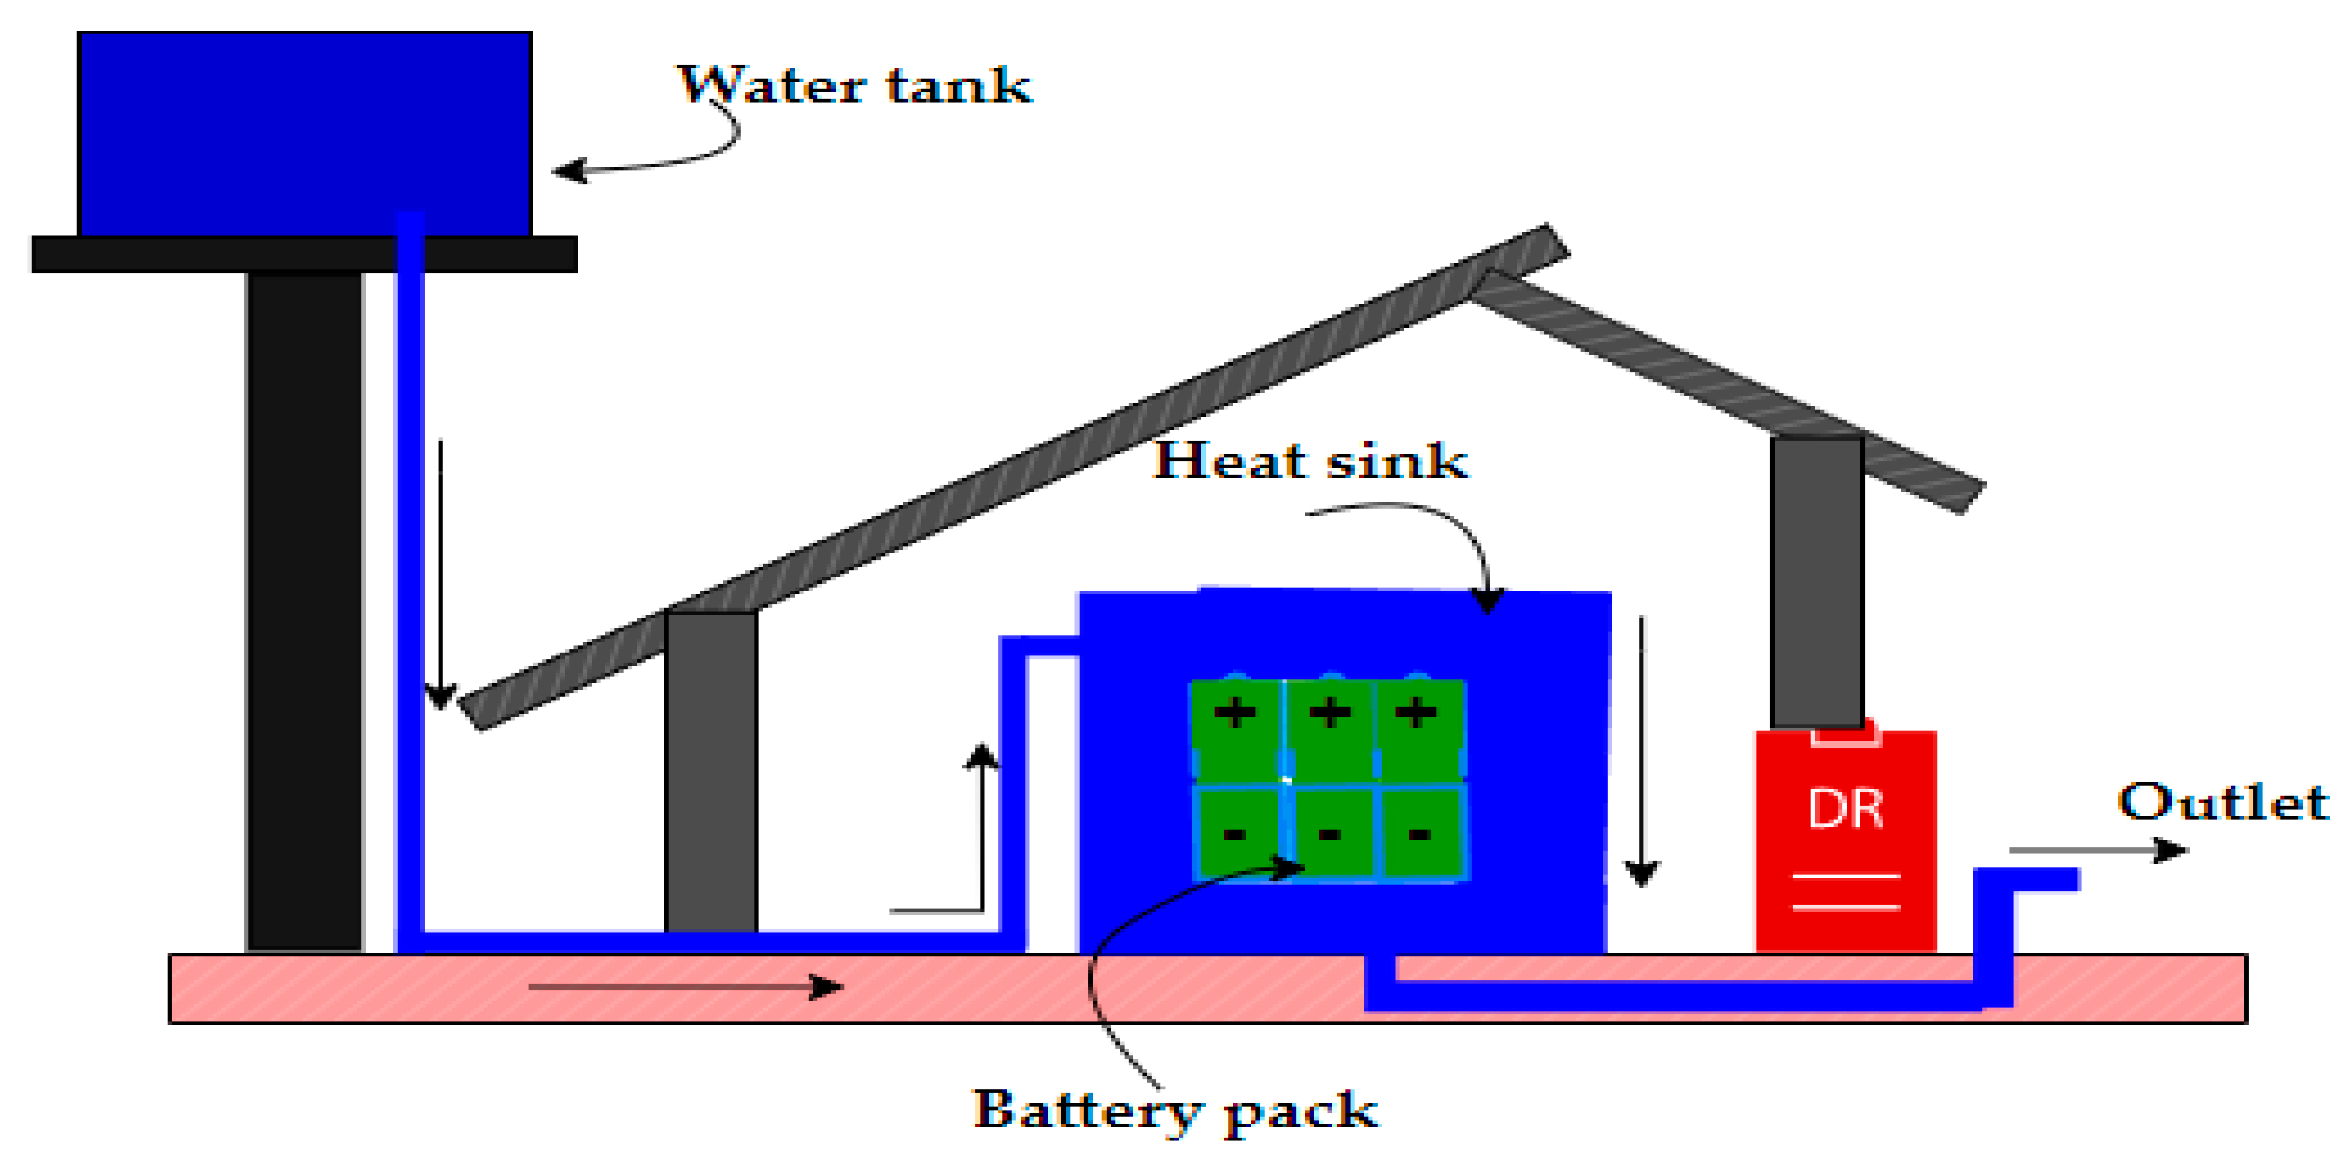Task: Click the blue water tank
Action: click(304, 127)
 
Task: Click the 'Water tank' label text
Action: click(854, 87)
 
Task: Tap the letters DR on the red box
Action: click(1845, 809)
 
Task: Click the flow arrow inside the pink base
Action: click(684, 987)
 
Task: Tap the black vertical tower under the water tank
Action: click(304, 611)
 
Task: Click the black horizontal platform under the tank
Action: click(304, 254)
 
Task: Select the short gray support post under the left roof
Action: click(711, 770)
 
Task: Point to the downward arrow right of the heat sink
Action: click(1641, 748)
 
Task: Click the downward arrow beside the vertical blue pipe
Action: click(441, 575)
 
